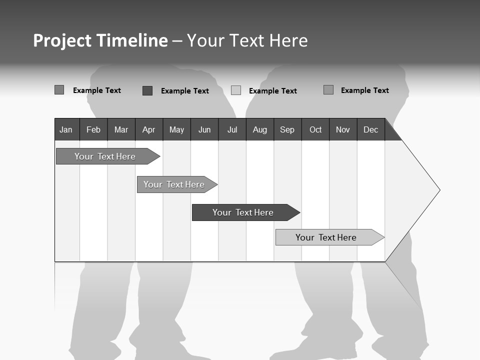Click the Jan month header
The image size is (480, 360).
(x=66, y=129)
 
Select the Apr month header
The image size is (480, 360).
(x=148, y=129)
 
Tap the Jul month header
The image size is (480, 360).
(x=232, y=129)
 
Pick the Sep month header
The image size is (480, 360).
(x=287, y=129)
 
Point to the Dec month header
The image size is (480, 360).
(x=370, y=129)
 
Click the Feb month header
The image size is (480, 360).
(x=93, y=129)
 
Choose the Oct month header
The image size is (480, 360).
(x=315, y=129)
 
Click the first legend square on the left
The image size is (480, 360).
(x=59, y=90)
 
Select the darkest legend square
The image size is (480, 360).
(x=147, y=90)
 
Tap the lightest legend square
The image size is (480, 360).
(x=236, y=90)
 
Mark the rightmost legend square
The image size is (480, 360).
(x=328, y=90)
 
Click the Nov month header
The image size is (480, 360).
(x=343, y=129)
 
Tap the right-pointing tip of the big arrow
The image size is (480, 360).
(x=438, y=190)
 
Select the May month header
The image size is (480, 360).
(x=176, y=129)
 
